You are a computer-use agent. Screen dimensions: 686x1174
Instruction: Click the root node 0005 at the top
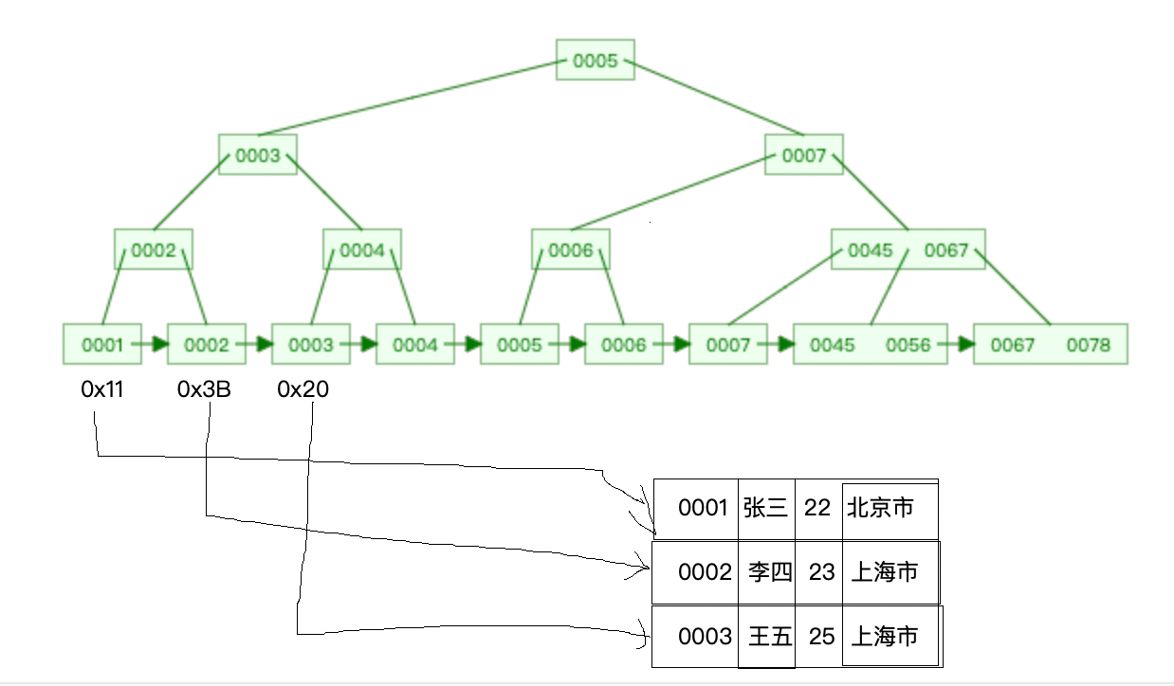(595, 61)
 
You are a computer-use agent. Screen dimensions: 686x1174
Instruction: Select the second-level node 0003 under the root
(257, 155)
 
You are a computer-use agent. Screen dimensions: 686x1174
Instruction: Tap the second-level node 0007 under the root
(804, 155)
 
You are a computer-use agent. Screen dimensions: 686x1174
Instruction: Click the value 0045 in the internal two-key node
(870, 250)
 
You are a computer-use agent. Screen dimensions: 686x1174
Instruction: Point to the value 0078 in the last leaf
(1088, 345)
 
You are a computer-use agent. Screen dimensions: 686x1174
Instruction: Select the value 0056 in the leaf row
(908, 345)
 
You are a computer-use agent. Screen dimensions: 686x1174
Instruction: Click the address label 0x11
(101, 389)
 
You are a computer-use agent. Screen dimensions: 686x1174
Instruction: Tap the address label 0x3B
(204, 389)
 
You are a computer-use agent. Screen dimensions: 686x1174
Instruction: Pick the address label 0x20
(303, 389)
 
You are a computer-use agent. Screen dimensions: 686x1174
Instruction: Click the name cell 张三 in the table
(765, 509)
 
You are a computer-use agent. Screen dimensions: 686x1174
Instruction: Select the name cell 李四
(769, 572)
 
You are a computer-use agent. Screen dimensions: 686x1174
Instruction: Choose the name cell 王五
(769, 637)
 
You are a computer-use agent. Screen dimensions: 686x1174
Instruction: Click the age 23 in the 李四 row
(821, 572)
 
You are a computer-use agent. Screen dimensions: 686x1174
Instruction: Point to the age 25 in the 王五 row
(821, 637)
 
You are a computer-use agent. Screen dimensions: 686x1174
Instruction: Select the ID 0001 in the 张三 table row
(703, 509)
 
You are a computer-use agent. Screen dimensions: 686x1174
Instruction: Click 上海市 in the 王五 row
(884, 637)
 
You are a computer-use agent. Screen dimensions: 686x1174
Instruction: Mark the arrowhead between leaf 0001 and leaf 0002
(160, 345)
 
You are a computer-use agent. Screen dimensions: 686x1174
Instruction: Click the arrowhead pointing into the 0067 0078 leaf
(966, 345)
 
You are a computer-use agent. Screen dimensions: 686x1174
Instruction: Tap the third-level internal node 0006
(570, 250)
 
